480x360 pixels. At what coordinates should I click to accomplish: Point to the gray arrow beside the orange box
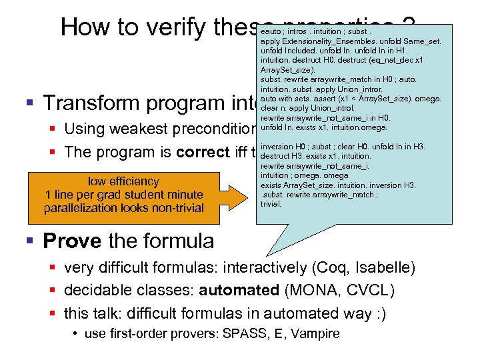point(233,194)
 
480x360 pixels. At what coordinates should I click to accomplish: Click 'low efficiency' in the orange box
point(123,181)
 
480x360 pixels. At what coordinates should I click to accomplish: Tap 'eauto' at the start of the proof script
point(271,31)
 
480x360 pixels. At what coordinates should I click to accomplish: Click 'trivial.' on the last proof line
point(271,204)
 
